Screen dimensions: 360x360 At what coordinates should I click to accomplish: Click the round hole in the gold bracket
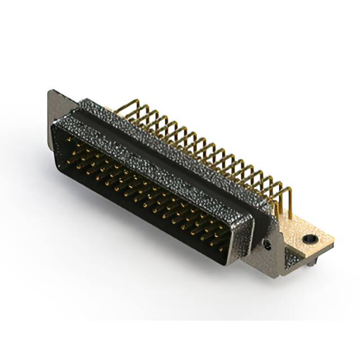(308, 239)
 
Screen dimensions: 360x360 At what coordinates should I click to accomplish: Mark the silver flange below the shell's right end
(270, 247)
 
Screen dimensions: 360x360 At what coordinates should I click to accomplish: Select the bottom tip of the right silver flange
(276, 276)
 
